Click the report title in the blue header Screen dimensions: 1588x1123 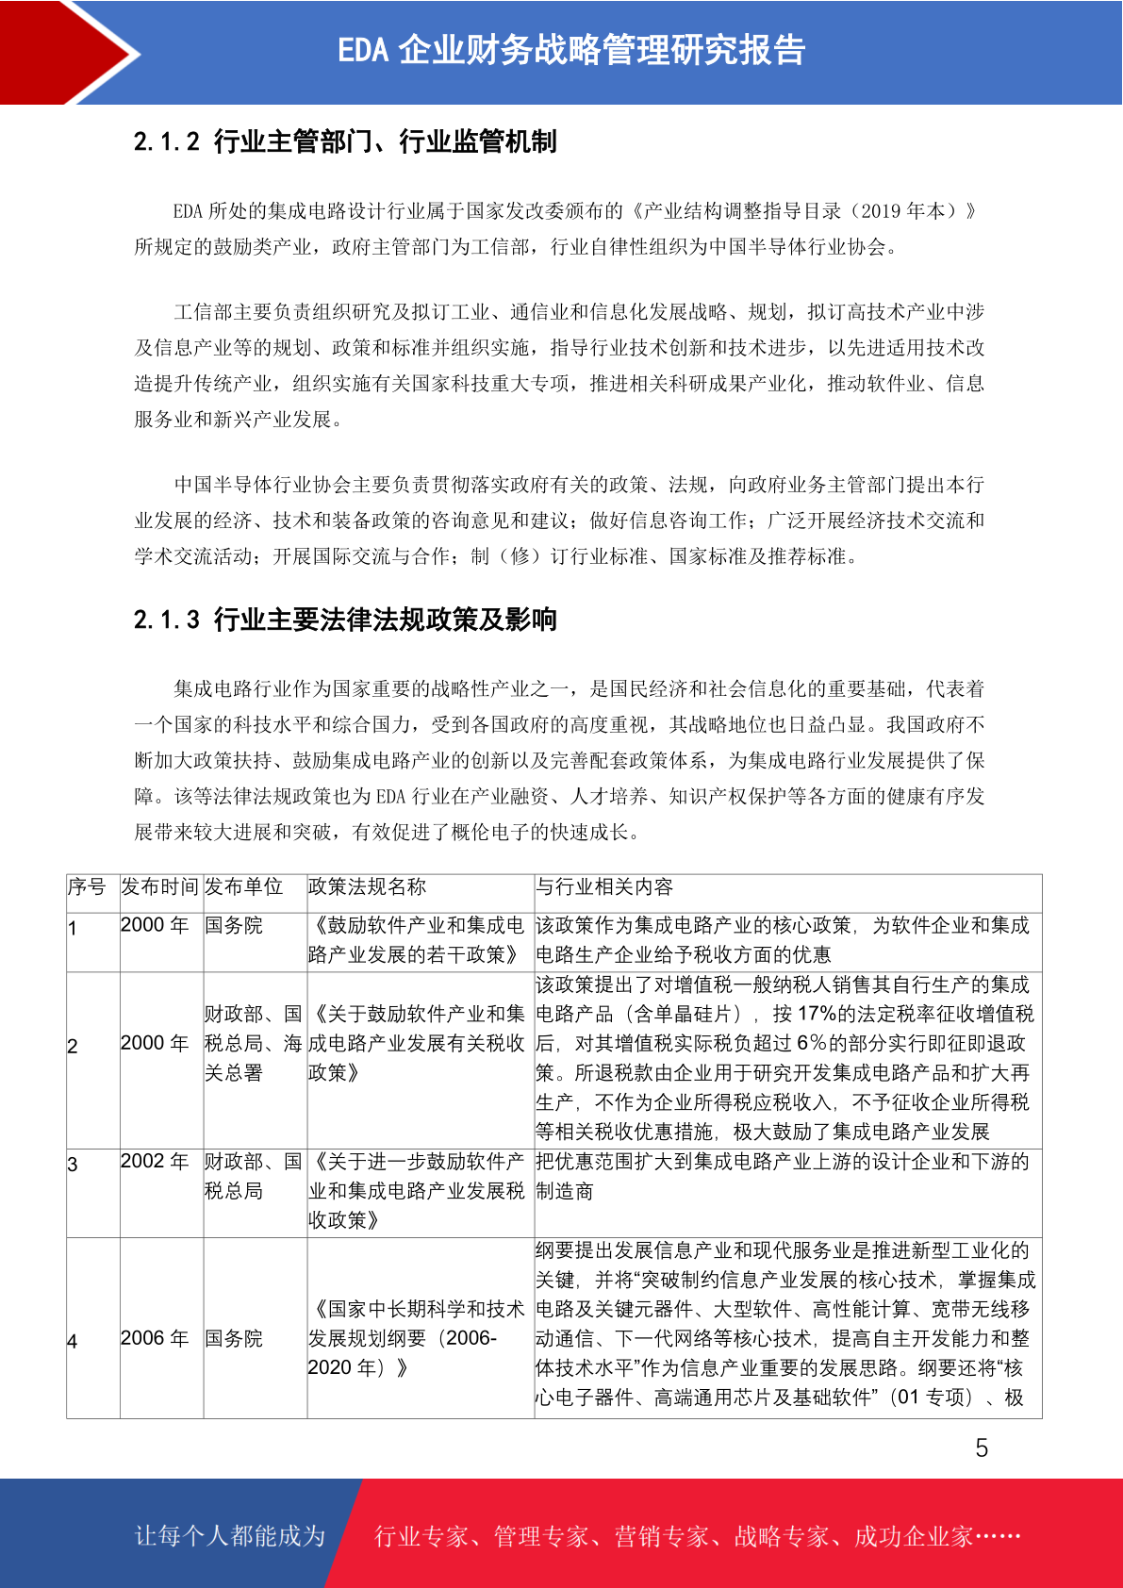tap(571, 51)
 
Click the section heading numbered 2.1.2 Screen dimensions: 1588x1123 tap(345, 141)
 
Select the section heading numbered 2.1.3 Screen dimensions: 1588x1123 tap(345, 620)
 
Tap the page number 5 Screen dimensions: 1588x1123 tap(982, 1448)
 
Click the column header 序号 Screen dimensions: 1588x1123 tap(87, 887)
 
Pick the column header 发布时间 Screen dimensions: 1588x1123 tap(159, 887)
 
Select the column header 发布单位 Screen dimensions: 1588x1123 tap(244, 887)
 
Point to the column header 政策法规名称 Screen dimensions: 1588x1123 tap(368, 887)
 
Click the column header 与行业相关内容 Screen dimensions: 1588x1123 tap(604, 887)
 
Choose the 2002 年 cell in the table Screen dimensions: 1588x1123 tap(155, 1162)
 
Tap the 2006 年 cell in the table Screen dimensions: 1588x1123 tap(155, 1339)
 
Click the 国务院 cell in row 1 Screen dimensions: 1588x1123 tap(234, 926)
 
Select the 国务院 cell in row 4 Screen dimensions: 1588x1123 tap(234, 1339)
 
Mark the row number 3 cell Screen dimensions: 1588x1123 tap(73, 1165)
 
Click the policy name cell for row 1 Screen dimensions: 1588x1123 tap(417, 940)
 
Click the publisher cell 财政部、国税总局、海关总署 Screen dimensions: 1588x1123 tap(254, 1044)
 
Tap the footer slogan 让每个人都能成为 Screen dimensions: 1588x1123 tap(230, 1536)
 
